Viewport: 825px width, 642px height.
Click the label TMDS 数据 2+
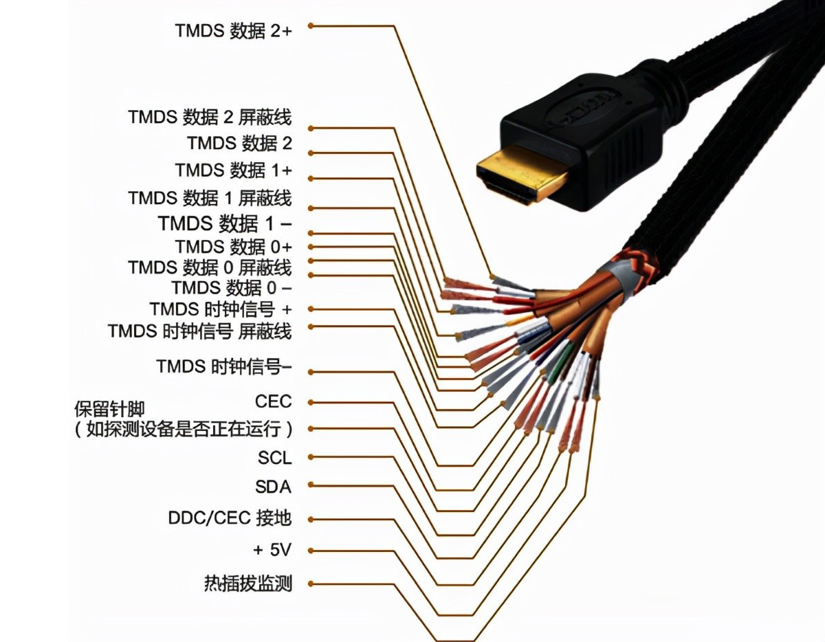(x=233, y=30)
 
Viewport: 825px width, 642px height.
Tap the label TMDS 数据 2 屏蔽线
(x=210, y=117)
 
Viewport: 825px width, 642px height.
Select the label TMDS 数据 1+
(x=233, y=170)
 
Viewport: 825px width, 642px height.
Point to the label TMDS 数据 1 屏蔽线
(x=210, y=199)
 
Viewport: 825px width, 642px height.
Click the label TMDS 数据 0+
(x=233, y=246)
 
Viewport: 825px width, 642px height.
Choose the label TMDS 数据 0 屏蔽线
(x=210, y=267)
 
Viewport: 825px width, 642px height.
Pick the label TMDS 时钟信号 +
(x=221, y=309)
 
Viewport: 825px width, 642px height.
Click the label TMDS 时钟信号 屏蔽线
(x=199, y=331)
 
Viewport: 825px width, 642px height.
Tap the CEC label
(x=273, y=401)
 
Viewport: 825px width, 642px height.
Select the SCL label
(x=274, y=457)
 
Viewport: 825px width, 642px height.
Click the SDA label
(x=273, y=487)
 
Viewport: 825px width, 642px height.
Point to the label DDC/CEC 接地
(x=230, y=518)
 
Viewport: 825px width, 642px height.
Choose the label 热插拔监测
(x=248, y=584)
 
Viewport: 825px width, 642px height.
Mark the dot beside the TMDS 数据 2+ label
(x=311, y=25)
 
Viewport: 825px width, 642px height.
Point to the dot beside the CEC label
(x=311, y=401)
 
